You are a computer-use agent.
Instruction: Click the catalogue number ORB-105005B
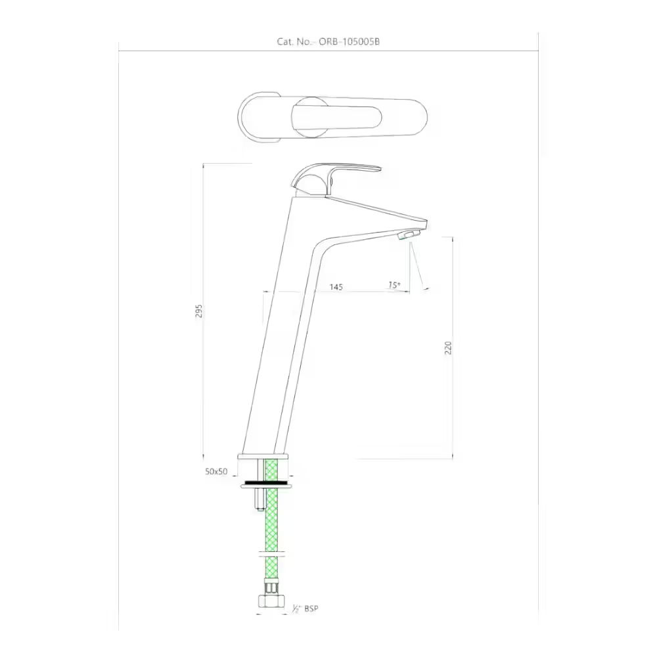pos(350,41)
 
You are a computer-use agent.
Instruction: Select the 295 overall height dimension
pos(199,311)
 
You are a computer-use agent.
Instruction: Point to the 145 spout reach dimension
pos(336,287)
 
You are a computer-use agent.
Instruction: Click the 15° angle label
pos(394,285)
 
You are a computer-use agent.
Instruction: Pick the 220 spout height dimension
pos(449,348)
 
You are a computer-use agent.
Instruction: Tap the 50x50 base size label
pos(216,471)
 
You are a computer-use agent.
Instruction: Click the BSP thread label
pos(311,609)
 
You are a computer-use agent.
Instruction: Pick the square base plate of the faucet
pos(263,456)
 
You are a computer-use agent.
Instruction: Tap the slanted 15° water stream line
pos(419,266)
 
